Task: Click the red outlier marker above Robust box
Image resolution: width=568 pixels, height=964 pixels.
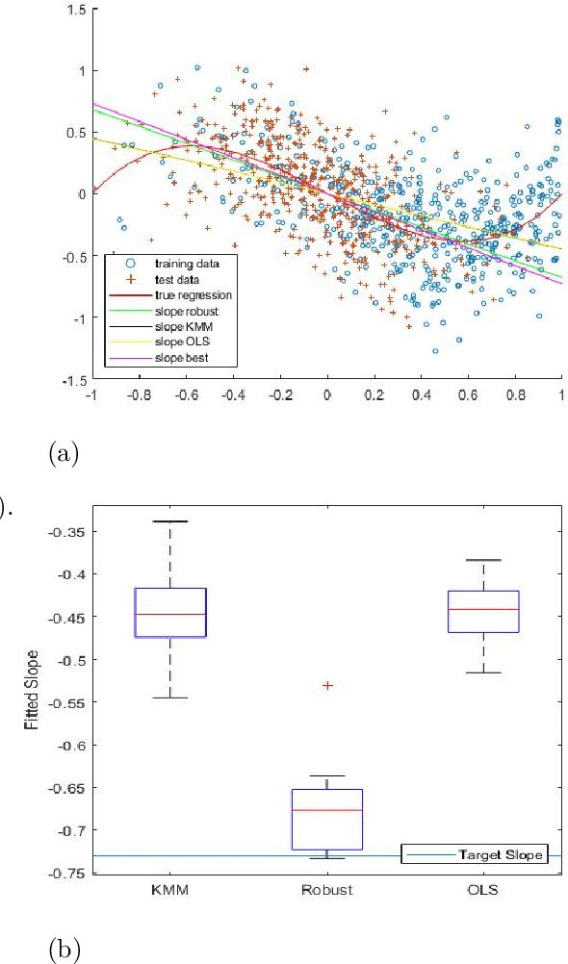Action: tap(328, 685)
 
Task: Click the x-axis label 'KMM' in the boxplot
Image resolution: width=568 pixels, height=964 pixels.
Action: tap(170, 890)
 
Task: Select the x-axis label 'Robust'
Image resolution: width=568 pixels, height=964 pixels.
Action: tap(328, 890)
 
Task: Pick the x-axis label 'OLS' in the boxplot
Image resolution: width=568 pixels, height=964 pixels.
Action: tap(491, 890)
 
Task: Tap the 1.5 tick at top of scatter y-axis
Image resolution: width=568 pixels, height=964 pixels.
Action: tap(74, 9)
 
